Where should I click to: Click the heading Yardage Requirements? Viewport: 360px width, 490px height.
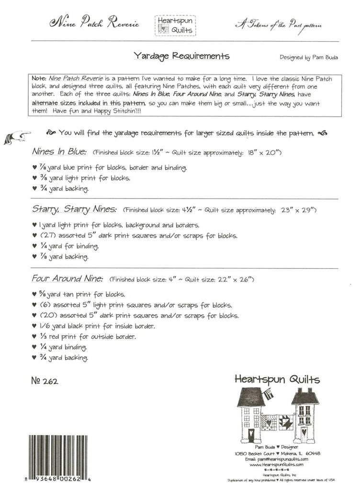pos(182,56)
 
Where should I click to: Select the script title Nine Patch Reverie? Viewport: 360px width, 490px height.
pos(94,23)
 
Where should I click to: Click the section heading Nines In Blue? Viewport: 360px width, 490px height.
pos(59,152)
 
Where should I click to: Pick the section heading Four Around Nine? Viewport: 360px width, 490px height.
pos(67,278)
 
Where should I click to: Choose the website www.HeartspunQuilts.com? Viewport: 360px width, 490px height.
pos(276,464)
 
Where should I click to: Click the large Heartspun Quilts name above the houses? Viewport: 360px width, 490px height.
pos(277,379)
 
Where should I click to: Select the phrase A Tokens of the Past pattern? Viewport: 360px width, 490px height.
pos(278,25)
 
